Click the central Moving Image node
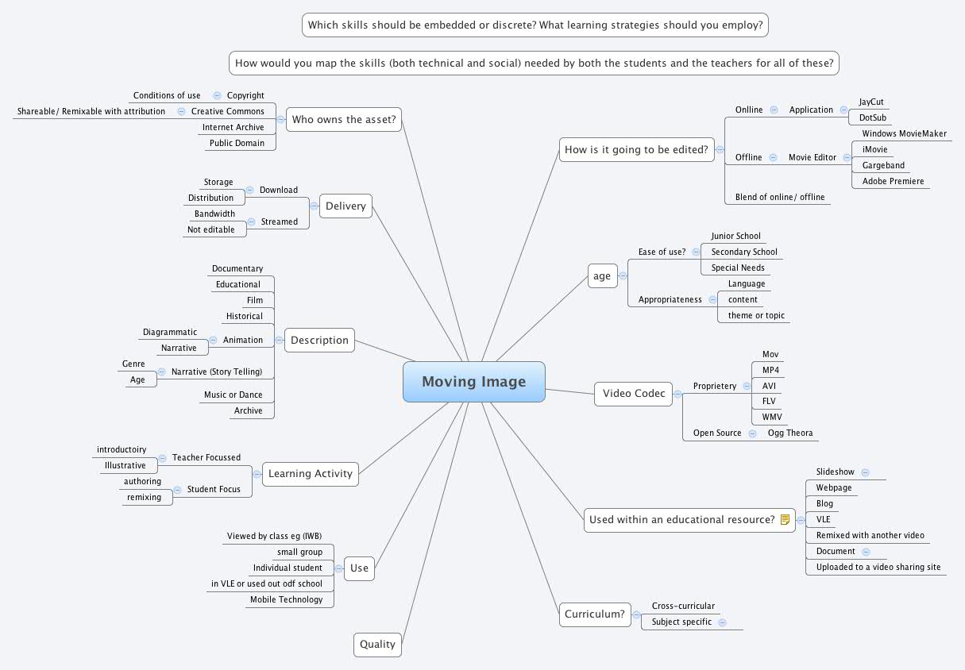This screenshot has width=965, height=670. pos(474,382)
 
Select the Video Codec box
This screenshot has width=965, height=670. pos(633,394)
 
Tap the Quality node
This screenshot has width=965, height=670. pos(377,645)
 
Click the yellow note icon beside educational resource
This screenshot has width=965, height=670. pos(785,520)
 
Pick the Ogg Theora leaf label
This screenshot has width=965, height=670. pos(790,433)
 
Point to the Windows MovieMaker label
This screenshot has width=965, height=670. pos(905,133)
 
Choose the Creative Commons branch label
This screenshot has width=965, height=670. pos(227,111)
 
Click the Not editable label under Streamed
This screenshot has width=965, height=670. pos(210,229)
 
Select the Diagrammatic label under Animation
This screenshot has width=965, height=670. pos(170,332)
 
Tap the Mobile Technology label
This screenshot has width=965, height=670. pos(286,599)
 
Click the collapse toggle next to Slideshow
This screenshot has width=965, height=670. pos(865,472)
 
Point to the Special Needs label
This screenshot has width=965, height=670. pos(738,268)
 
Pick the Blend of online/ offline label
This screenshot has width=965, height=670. pos(780,197)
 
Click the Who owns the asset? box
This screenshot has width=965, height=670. pos(344,120)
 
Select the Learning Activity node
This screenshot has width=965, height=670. pos(311,474)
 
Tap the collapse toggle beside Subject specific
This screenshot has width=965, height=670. pos(723,622)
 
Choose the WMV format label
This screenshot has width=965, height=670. pos(771,417)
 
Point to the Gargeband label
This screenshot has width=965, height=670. pos(883,165)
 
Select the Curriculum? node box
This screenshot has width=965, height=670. pos(595,614)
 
